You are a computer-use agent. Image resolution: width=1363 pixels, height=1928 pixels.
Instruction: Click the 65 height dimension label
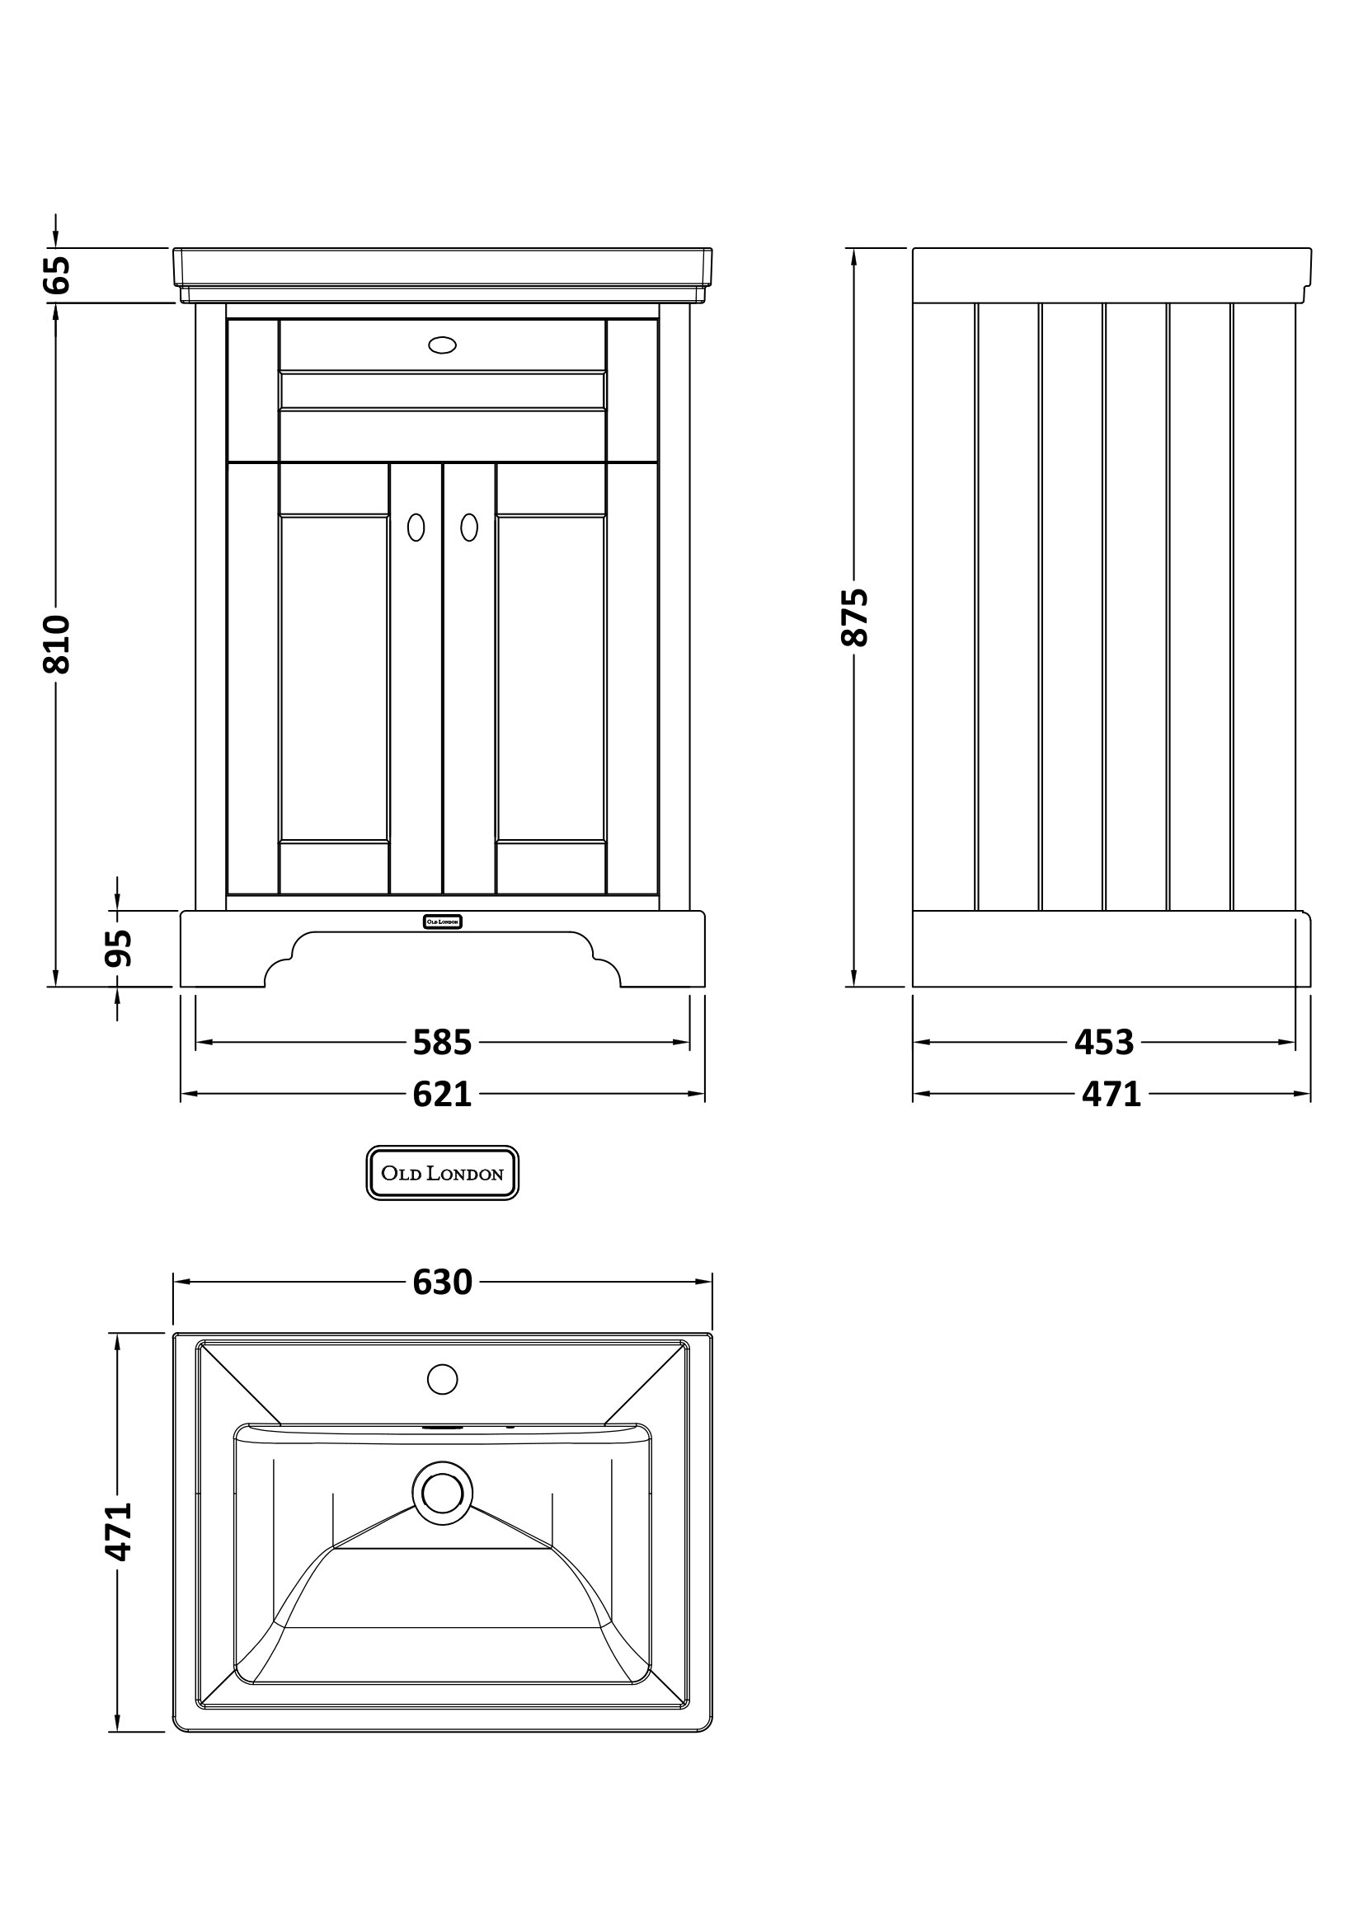(57, 274)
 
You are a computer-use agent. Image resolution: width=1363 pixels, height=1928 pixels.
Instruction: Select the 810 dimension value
(57, 644)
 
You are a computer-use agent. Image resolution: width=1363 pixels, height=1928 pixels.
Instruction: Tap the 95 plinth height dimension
(120, 948)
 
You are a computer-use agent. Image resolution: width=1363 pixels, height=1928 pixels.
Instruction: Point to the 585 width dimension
(443, 1042)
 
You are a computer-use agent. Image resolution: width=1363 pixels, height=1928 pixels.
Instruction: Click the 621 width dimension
(443, 1094)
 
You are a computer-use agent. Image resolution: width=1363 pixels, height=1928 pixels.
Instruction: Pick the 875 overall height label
(855, 617)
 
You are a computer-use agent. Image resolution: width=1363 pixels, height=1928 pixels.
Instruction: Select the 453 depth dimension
(1104, 1042)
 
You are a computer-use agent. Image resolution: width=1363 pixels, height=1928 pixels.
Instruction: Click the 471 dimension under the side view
(1111, 1094)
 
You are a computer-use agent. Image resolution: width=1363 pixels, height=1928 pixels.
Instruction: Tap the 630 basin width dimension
(443, 1283)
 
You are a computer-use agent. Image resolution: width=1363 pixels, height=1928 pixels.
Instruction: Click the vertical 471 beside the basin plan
(120, 1532)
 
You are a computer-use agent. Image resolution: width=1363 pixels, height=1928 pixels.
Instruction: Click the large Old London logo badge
(443, 1173)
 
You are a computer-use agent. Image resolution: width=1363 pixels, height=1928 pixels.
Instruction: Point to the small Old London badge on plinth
(443, 922)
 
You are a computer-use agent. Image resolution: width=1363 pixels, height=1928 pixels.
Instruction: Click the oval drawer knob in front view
(443, 345)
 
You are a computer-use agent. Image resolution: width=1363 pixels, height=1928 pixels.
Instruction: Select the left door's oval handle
(416, 528)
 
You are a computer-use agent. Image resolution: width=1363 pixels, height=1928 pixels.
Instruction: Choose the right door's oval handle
(469, 528)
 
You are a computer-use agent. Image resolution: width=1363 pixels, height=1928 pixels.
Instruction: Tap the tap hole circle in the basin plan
(443, 1379)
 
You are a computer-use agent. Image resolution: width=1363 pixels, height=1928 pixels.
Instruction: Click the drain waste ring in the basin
(443, 1492)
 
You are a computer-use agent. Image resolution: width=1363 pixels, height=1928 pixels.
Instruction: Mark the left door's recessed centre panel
(334, 678)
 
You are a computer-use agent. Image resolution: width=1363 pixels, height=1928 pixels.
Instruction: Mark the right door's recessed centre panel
(551, 678)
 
